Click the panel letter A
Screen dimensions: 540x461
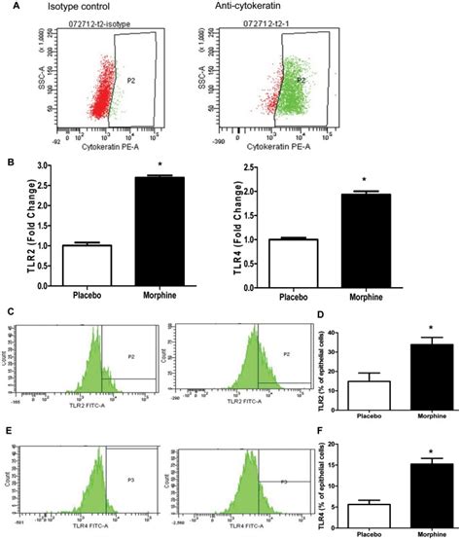pyautogui.click(x=9, y=8)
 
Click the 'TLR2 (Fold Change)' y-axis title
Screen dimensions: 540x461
pyautogui.click(x=18, y=220)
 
